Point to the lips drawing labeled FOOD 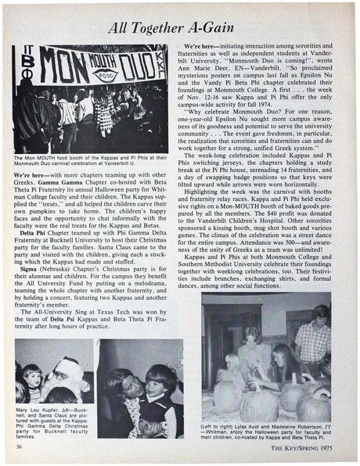[102, 76]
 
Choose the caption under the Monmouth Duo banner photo [89, 161]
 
